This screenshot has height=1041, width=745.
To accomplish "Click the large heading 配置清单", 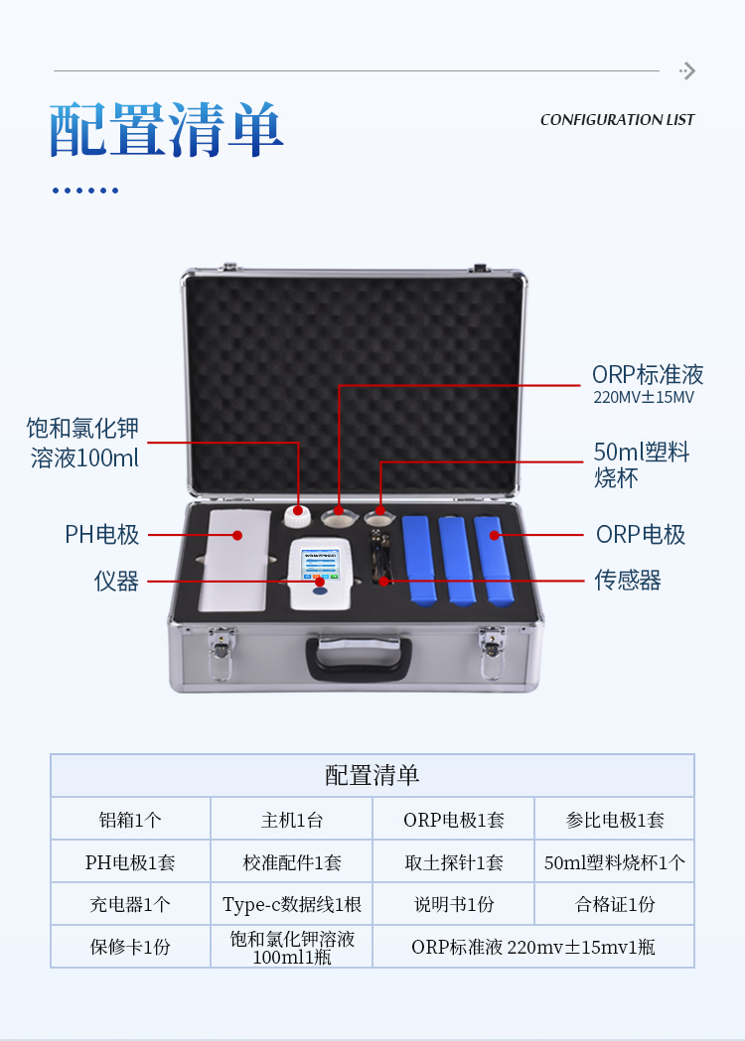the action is click(166, 129).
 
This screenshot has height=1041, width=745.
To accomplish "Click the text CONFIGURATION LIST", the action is click(617, 120).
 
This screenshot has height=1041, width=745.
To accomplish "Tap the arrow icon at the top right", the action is click(687, 71).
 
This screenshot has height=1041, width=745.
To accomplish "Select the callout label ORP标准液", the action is click(648, 374).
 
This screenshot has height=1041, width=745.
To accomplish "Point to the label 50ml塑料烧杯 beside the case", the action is click(642, 464).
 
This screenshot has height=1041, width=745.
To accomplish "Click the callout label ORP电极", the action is click(640, 535).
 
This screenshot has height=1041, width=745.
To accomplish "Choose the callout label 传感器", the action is click(628, 581).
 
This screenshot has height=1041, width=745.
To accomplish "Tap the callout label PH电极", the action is click(101, 535).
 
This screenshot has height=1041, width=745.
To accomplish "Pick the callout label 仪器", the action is click(116, 581).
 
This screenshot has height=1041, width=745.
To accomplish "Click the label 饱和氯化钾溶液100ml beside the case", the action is click(83, 443).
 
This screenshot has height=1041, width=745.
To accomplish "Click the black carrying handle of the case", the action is click(359, 658).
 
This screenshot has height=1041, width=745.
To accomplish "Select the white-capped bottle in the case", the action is click(297, 516).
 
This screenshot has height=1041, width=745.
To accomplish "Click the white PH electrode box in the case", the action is click(234, 561).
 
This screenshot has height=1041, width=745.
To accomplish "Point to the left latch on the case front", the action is click(222, 653).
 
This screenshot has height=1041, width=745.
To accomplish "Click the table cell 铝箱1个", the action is click(130, 820).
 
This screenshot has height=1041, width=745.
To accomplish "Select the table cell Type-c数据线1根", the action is click(292, 904).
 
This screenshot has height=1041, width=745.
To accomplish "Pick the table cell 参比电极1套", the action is click(615, 820).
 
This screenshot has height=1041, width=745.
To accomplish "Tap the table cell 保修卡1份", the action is click(130, 947).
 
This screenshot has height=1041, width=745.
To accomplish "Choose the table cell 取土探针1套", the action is click(454, 862).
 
